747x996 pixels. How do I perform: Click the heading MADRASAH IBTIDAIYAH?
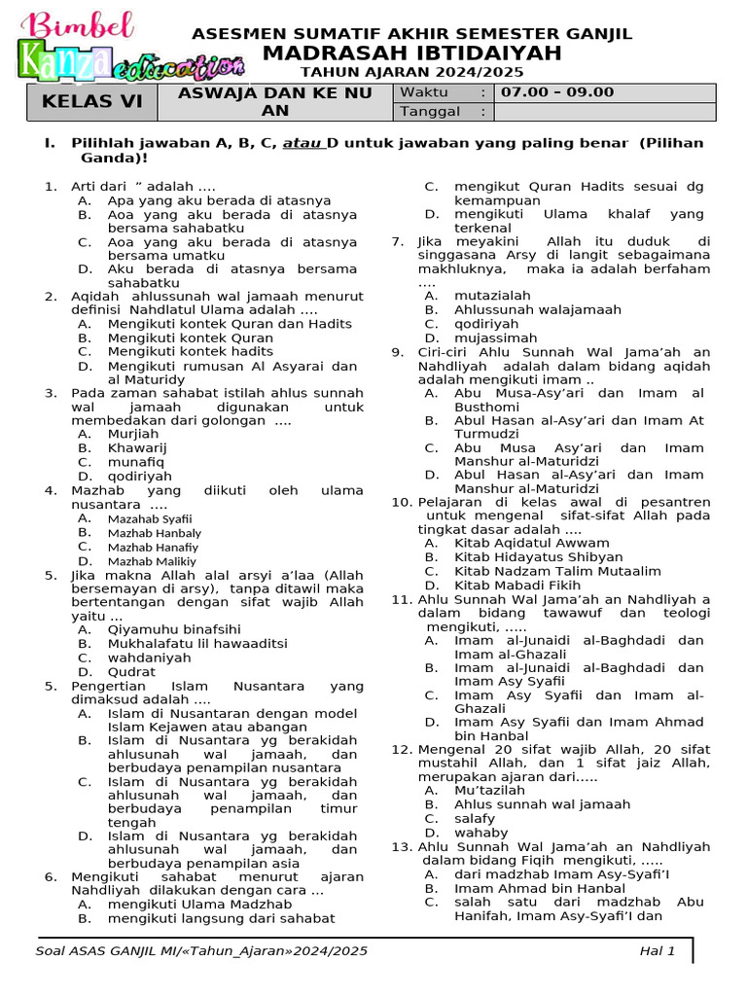click(412, 53)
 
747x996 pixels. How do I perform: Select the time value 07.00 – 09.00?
click(557, 92)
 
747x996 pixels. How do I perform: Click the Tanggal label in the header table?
click(429, 111)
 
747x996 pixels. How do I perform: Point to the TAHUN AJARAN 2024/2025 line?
click(411, 72)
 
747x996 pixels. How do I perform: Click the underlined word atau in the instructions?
click(302, 143)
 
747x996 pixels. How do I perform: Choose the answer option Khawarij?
click(137, 447)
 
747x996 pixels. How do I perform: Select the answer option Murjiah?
click(133, 434)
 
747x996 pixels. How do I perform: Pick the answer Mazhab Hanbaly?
click(155, 533)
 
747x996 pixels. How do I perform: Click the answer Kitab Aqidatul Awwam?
click(532, 543)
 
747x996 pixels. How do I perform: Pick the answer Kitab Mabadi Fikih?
click(517, 586)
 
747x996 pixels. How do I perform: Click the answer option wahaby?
click(480, 833)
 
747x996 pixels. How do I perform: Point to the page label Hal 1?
click(657, 950)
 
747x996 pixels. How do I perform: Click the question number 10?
click(402, 502)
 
